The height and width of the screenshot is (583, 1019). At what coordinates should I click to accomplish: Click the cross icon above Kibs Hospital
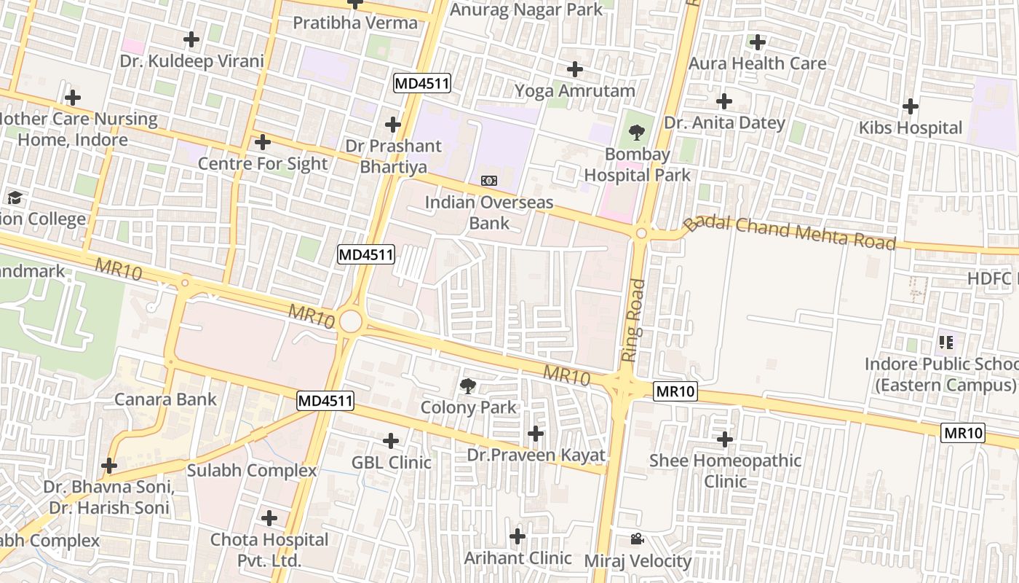pos(910,106)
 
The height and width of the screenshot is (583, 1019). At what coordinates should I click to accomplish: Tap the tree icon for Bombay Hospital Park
pos(636,133)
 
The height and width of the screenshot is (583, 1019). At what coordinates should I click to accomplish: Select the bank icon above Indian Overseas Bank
pos(489,180)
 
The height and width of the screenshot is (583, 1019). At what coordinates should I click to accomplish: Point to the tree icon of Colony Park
pos(468,385)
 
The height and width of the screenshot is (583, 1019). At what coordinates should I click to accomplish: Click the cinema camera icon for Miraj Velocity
pos(637,539)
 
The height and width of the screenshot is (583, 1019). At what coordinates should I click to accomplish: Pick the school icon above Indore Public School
pos(946,341)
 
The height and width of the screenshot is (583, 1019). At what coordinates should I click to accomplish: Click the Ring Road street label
pos(634,321)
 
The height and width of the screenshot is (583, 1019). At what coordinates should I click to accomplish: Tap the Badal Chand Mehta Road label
pos(790,232)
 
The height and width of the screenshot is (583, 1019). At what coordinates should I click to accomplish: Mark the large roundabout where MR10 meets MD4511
pos(350,321)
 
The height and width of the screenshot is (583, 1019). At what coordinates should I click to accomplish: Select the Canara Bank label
pos(165,399)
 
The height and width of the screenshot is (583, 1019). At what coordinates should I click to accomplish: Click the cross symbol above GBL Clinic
pos(391,440)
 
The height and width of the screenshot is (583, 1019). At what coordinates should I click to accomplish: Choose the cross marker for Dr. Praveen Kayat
pos(536,434)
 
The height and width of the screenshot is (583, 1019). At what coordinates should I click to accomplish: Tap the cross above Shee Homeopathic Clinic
pos(725,439)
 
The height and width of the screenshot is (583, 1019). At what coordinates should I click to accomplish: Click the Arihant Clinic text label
pos(518,558)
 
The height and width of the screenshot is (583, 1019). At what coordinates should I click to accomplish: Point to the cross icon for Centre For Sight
pos(263,142)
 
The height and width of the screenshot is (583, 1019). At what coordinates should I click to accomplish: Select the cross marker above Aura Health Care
pos(758,42)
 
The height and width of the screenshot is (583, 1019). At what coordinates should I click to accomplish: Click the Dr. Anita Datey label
pos(725,122)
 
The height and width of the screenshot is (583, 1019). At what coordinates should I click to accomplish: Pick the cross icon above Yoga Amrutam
pos(575,69)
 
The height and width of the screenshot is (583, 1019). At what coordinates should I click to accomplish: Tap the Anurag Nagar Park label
pos(526,9)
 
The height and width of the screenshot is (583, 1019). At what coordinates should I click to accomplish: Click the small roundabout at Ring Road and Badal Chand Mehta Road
pos(641,233)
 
